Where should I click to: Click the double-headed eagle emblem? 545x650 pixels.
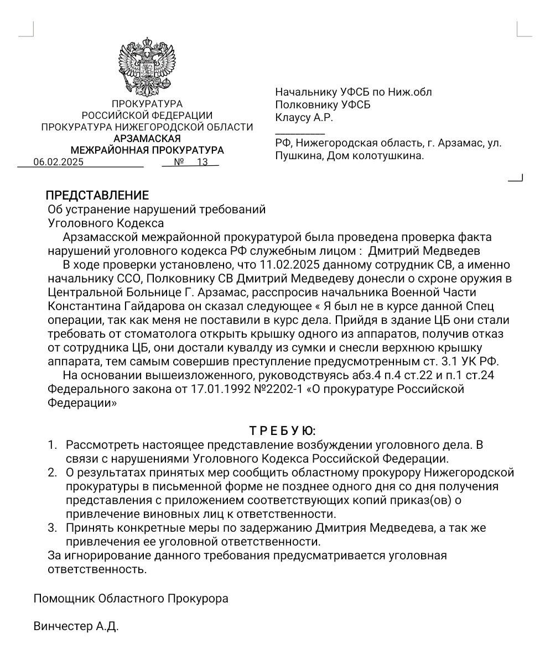[147, 67]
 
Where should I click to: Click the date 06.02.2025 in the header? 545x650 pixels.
[58, 162]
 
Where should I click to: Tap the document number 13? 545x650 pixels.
[202, 162]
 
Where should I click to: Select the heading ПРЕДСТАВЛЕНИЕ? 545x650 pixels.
[97, 196]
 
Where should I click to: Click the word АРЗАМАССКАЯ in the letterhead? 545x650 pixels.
[147, 139]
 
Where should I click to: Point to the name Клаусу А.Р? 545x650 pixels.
[304, 117]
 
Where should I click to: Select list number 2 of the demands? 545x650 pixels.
[52, 473]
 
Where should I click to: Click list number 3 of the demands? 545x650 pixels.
[52, 528]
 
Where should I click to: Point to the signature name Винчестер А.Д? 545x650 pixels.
[76, 627]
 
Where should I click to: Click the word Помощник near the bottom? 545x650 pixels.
[64, 599]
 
